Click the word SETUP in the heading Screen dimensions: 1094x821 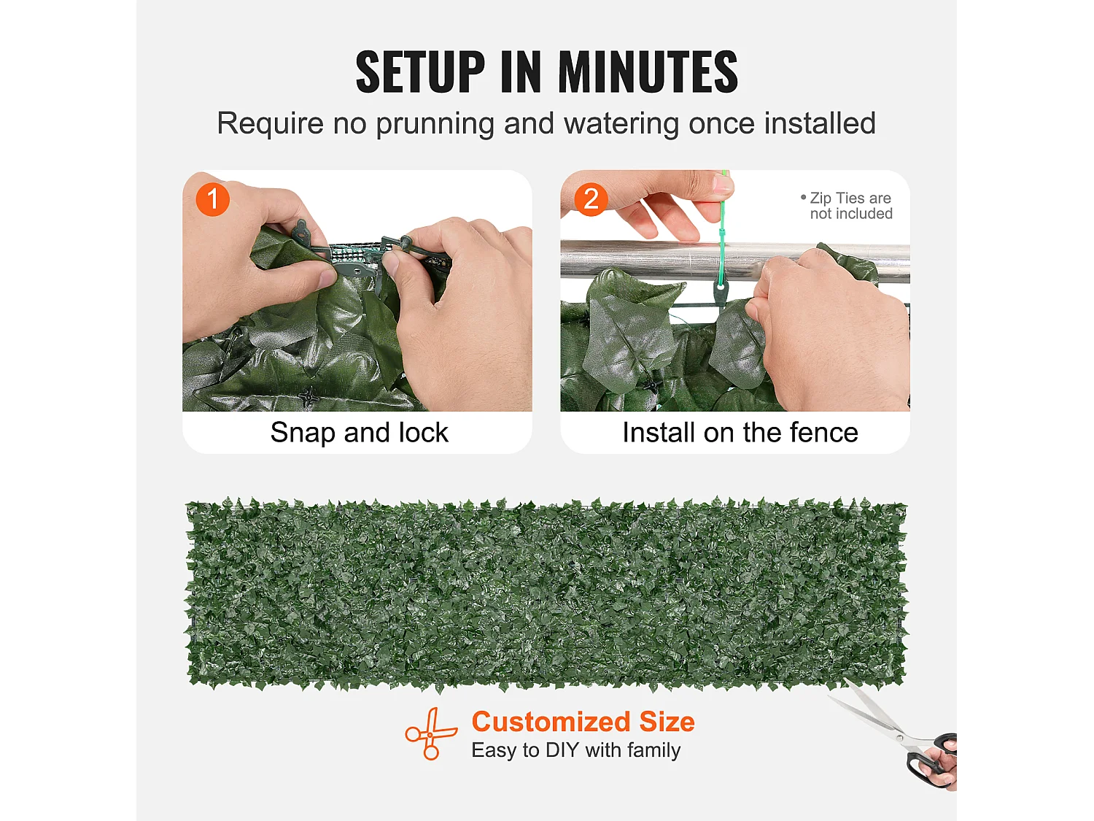point(419,72)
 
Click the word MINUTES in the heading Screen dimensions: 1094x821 point(648,72)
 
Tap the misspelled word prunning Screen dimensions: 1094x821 point(435,124)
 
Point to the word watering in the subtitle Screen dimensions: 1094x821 point(621,123)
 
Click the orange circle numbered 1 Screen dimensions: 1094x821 point(213,199)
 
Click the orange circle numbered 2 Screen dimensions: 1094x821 point(591,199)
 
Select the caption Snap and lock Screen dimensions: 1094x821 point(359,432)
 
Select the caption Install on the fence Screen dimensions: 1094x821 point(740,432)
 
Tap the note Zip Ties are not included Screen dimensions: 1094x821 point(847,206)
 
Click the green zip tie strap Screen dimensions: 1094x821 point(722,234)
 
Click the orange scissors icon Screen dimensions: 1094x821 point(430,733)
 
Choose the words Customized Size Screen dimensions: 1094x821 point(583,721)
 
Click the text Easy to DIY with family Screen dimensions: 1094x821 point(575,750)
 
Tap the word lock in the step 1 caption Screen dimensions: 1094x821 point(422,432)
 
